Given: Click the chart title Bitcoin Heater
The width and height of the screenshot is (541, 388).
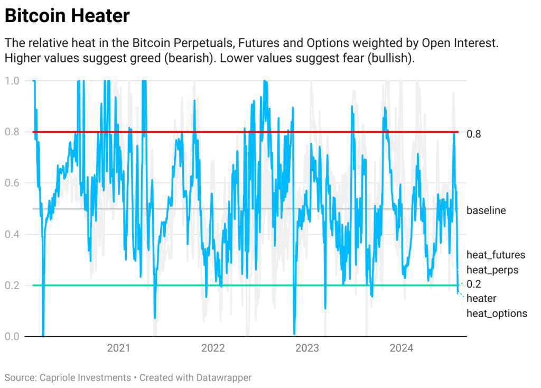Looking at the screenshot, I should click(67, 16).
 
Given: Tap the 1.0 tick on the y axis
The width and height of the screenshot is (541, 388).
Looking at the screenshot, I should click(12, 81).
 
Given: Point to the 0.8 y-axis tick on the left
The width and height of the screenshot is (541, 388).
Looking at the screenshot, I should click(12, 132).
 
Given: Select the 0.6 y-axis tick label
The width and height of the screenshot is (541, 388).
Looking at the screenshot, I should click(12, 183).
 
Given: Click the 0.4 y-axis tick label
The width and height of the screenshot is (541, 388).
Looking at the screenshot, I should click(12, 234).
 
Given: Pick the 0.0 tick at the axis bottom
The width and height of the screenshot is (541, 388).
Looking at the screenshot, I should click(12, 336).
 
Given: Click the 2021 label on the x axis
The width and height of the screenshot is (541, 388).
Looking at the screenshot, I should click(118, 348).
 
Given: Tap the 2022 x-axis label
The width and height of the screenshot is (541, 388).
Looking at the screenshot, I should click(213, 348).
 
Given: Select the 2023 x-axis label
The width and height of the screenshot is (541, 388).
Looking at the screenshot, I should click(307, 348).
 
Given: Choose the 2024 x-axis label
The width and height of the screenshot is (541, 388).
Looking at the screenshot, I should click(401, 348).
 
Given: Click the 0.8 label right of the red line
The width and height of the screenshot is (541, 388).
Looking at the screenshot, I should click(474, 134).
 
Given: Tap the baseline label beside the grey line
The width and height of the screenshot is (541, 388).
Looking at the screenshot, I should click(486, 210).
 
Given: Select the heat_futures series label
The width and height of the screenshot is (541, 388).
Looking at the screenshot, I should click(496, 255).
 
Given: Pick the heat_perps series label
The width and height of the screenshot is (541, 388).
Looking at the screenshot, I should click(492, 270).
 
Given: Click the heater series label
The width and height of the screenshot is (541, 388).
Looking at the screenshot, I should click(481, 299).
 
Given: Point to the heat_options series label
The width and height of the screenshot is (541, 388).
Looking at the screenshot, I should click(497, 313).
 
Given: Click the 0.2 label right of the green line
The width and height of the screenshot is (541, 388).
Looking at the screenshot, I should click(474, 284).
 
